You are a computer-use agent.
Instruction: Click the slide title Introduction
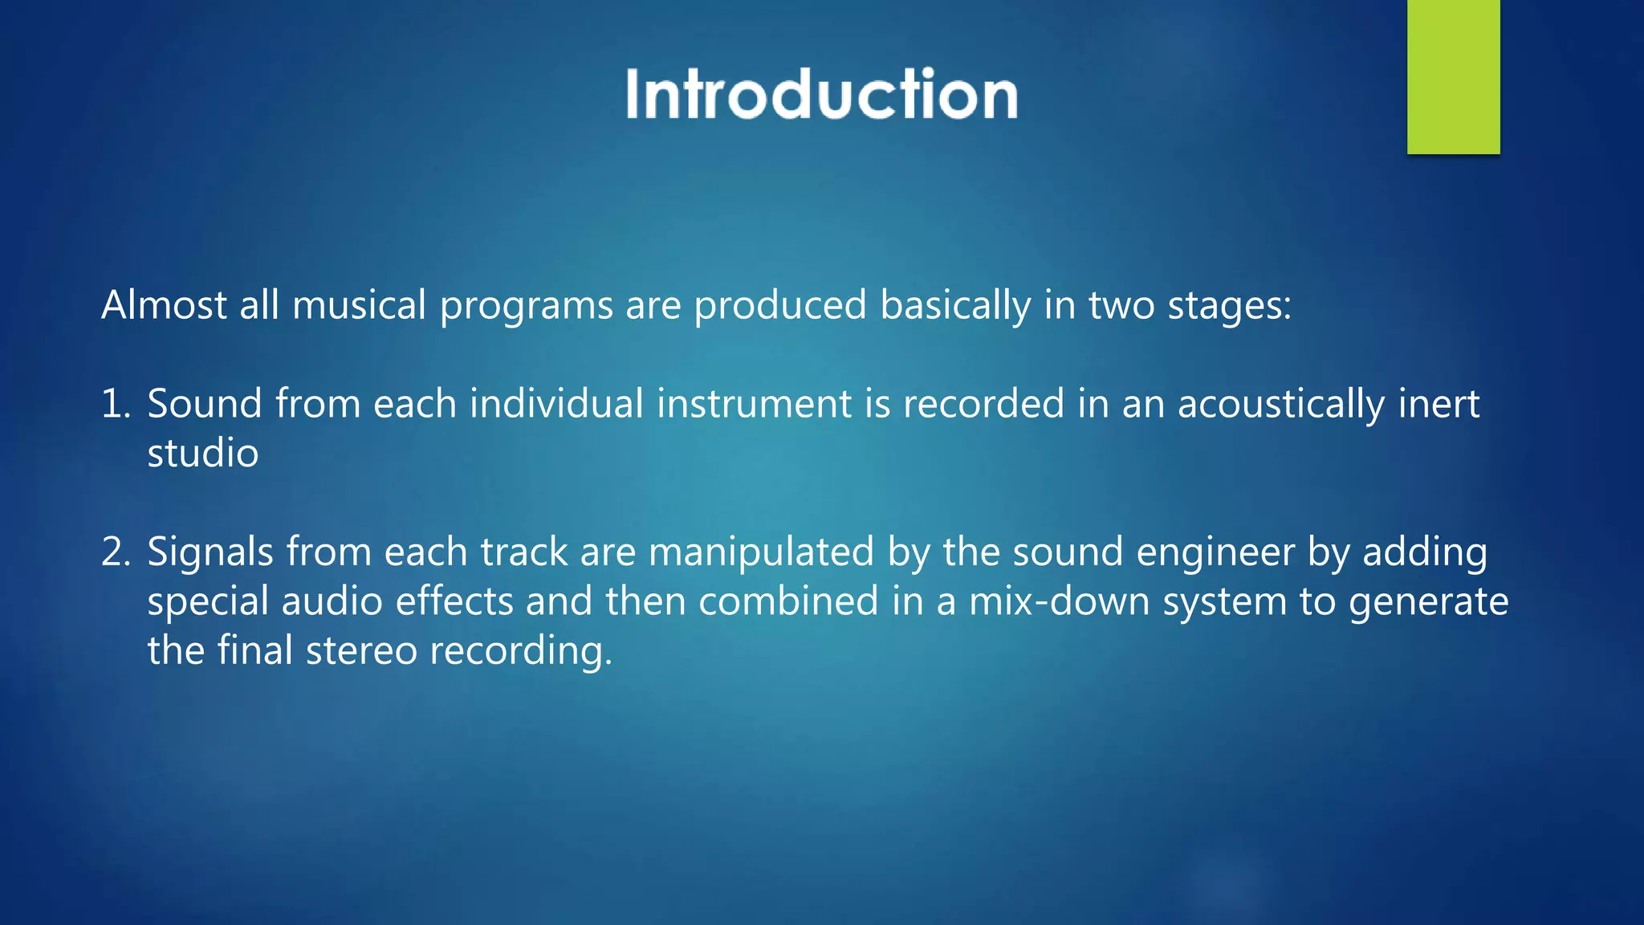coord(822,95)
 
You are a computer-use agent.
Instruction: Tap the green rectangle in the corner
coord(1453,76)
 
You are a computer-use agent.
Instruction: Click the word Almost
coord(164,305)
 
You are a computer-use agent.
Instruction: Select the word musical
coord(359,305)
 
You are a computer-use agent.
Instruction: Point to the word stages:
coord(1229,307)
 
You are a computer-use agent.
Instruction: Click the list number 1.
coord(115,404)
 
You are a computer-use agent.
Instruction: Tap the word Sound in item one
coord(205,404)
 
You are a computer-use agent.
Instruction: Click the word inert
coord(1438,404)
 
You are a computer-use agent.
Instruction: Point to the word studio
coord(203,454)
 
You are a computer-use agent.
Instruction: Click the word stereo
coord(361,651)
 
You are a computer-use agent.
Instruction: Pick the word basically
coord(955,307)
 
